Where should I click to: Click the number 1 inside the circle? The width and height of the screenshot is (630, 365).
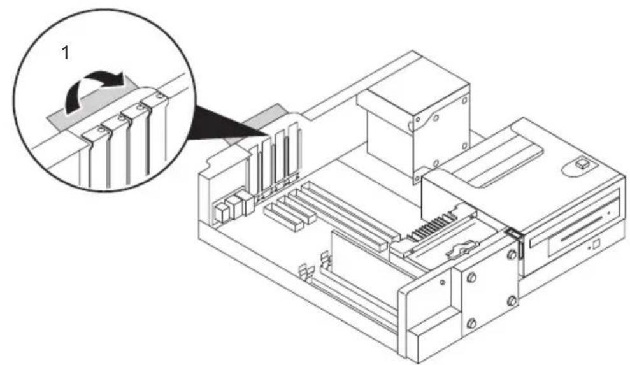coord(64,53)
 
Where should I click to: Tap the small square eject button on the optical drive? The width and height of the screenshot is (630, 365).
coord(596,243)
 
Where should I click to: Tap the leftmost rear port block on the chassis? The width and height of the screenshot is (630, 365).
coord(222,212)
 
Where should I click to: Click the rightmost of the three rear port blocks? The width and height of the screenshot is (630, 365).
coord(245,201)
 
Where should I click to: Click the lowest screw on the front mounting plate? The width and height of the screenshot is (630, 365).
coord(471,322)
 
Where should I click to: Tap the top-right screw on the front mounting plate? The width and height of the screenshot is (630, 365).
coord(512,254)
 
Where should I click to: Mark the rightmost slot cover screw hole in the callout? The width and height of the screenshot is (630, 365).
coord(160,96)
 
